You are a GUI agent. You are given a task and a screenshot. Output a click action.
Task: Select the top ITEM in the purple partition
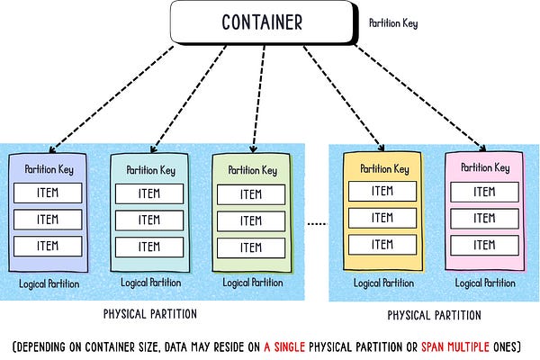pos(48,193)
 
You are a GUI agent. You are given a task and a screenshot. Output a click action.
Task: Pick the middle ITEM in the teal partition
pos(149,220)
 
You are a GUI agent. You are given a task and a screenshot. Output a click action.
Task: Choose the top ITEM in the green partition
pos(253,193)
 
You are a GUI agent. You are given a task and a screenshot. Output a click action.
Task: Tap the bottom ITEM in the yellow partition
pos(382,243)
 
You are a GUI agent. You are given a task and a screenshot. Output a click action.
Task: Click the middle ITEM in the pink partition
pos(484,217)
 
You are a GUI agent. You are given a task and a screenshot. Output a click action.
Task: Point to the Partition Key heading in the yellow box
pos(384,168)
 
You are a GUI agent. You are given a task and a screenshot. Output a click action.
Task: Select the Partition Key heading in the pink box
pos(485,167)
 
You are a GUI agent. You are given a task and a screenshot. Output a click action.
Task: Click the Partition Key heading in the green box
pos(252,170)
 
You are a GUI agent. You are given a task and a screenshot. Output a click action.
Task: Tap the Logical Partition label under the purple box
pos(49,283)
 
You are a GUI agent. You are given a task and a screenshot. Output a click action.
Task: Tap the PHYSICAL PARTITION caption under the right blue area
pos(434,315)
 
